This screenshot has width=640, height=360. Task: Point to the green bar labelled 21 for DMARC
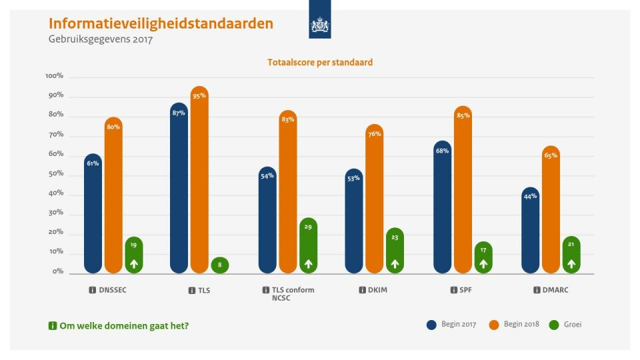[x=571, y=255]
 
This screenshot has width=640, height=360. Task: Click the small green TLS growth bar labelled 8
[x=220, y=265]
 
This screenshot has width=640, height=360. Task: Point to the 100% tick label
[x=54, y=76]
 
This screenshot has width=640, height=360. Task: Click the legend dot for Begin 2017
[x=431, y=325]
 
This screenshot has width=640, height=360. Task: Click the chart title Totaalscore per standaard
[x=320, y=63]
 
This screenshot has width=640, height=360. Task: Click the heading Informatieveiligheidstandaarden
[x=161, y=23]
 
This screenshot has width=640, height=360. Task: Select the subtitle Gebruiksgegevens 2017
[x=101, y=39]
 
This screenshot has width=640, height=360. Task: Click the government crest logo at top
[x=320, y=25]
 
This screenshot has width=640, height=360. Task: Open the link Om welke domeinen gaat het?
[x=127, y=325]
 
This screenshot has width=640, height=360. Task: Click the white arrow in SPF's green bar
[x=483, y=264]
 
